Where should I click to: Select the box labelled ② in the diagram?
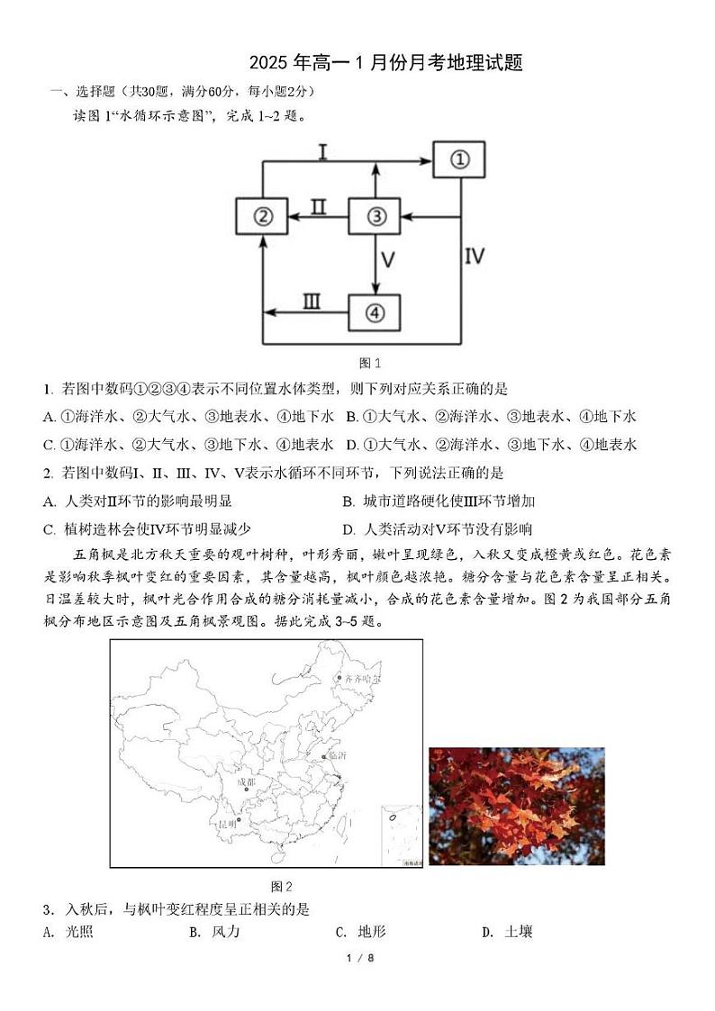(261, 217)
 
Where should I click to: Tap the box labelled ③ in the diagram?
(375, 217)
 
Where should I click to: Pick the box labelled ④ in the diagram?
(375, 312)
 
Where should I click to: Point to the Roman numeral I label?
(321, 152)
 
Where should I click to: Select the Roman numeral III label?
(311, 302)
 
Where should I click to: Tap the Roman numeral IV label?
(475, 257)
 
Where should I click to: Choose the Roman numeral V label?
(387, 261)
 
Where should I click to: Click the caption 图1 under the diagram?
(370, 364)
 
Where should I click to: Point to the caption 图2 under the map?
(282, 886)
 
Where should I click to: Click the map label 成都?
(245, 782)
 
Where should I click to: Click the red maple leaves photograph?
(516, 806)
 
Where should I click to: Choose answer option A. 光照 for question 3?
(68, 933)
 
